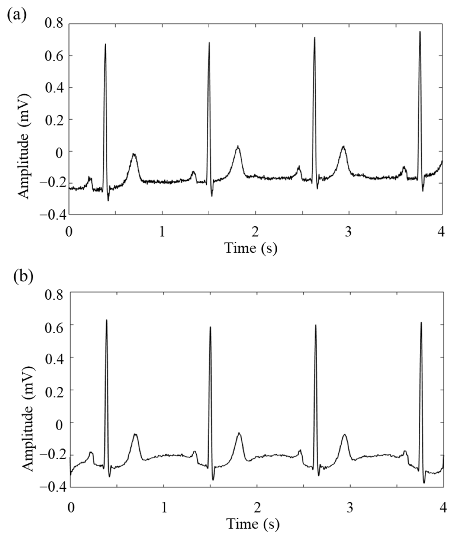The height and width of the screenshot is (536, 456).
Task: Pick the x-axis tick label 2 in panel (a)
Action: [255, 232]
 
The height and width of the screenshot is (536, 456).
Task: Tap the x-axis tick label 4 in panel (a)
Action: [441, 232]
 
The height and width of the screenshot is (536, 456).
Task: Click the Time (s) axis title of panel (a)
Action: [251, 248]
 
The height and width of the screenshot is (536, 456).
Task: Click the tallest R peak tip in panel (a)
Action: [420, 32]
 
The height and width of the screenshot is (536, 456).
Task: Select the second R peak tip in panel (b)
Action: [210, 327]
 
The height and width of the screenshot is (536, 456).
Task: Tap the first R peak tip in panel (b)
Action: [107, 320]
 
